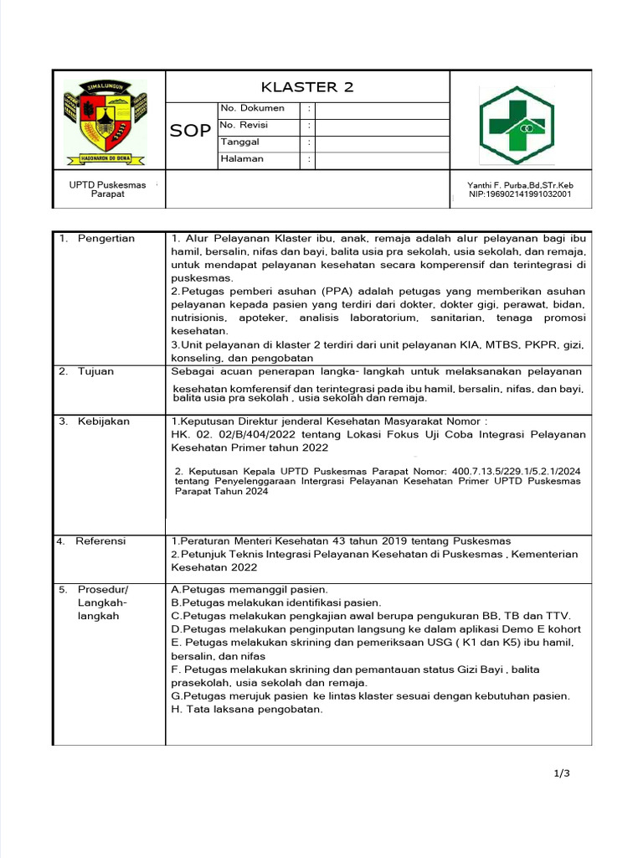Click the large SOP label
click(x=191, y=131)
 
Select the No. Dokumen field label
click(x=252, y=108)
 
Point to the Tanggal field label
click(x=240, y=142)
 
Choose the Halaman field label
click(x=242, y=158)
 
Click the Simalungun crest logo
click(x=105, y=122)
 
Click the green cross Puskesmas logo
click(x=516, y=125)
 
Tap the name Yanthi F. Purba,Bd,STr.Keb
click(x=520, y=185)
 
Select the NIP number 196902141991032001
click(x=520, y=194)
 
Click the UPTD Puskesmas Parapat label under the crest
click(x=107, y=189)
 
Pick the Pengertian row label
click(x=106, y=239)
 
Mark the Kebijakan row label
click(x=104, y=421)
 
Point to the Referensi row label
click(x=100, y=541)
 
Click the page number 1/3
click(x=562, y=773)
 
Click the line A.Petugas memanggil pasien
click(x=249, y=589)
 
